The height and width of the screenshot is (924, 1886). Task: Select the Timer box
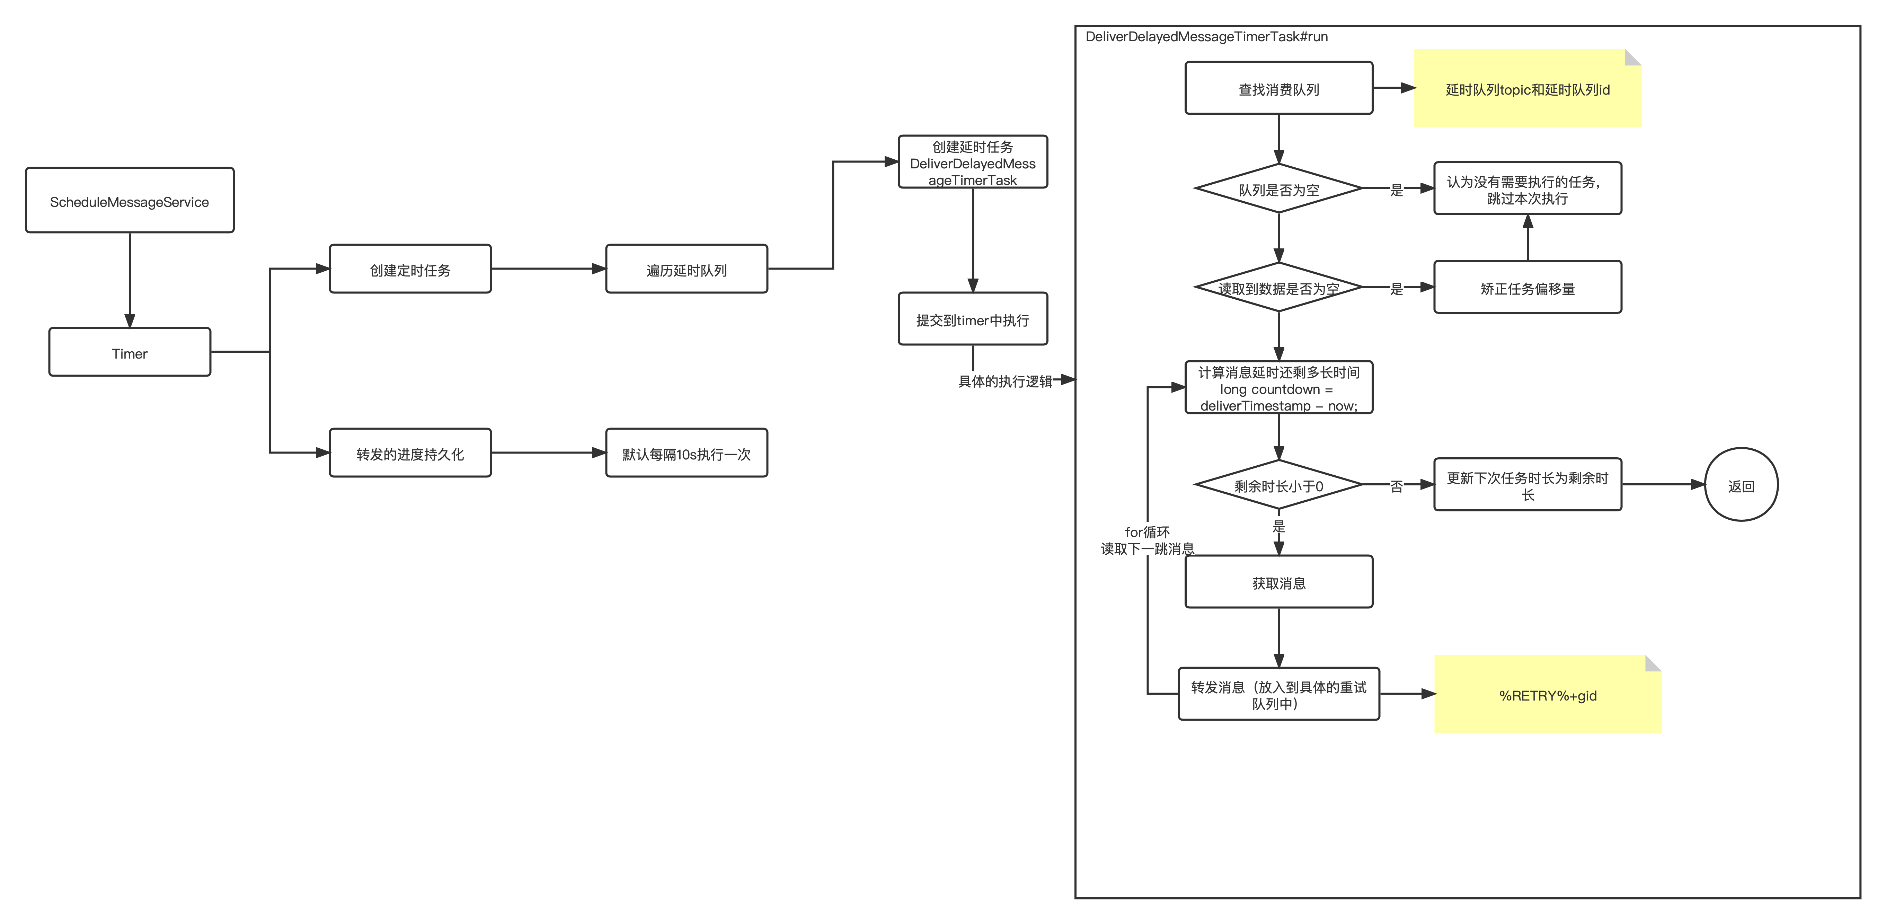tap(130, 352)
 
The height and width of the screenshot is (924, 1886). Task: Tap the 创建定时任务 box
tap(410, 269)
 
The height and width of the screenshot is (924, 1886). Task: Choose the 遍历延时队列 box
tap(687, 269)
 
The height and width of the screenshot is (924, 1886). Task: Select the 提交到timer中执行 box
tap(973, 318)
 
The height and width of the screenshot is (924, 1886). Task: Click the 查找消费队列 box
tap(1279, 88)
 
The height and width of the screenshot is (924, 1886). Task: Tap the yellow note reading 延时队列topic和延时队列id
tap(1528, 88)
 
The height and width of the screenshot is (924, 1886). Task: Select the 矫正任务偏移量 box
tap(1528, 287)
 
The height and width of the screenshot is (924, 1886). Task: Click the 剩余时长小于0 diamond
tap(1279, 485)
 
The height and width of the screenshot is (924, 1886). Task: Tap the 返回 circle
tap(1742, 485)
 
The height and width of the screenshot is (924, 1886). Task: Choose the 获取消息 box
tap(1279, 582)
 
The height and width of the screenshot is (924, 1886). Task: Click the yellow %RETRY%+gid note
tap(1548, 694)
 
